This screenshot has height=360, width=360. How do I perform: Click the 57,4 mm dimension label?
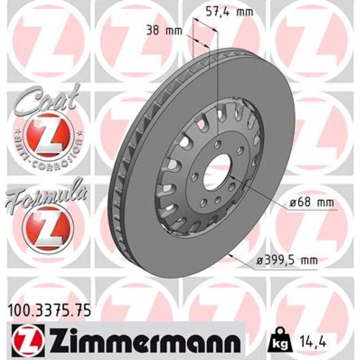[x=229, y=11]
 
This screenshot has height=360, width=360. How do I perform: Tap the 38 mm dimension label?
[x=164, y=30]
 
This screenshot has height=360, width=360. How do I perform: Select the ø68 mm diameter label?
[x=311, y=203]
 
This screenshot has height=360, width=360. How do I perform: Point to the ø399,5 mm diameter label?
[x=287, y=261]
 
